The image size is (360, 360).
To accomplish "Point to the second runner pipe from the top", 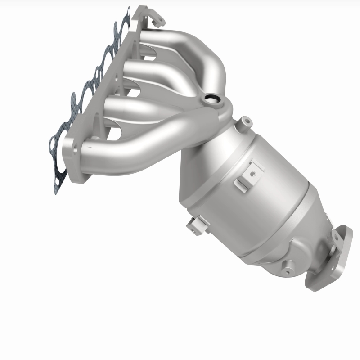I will click(x=148, y=72).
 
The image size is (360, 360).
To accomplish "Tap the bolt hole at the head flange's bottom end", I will click(x=74, y=148).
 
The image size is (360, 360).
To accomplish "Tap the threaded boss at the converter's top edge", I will click(x=245, y=121).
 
